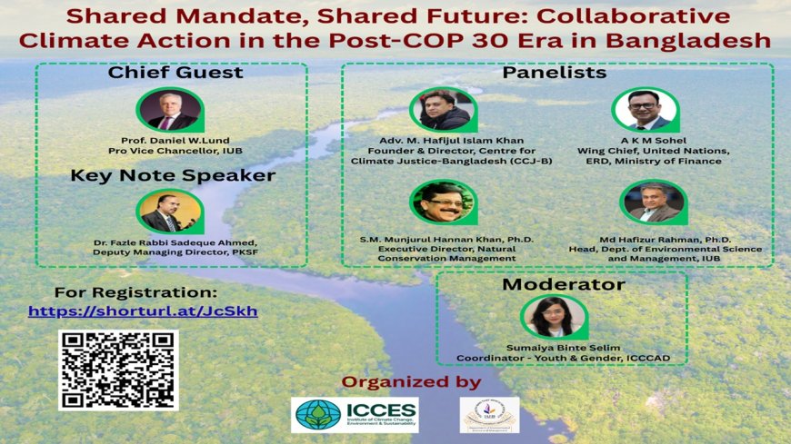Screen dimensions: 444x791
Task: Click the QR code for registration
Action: (x=118, y=370)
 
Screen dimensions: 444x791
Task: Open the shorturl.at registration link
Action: (x=143, y=311)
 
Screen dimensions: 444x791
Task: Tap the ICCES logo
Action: (x=355, y=414)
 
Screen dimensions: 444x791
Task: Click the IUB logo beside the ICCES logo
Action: (x=489, y=414)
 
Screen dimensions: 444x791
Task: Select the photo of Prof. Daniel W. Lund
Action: (x=170, y=109)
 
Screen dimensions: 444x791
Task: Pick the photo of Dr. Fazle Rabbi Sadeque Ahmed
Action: (x=170, y=211)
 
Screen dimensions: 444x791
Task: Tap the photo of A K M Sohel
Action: (x=646, y=110)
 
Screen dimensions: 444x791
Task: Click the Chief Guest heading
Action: (x=175, y=72)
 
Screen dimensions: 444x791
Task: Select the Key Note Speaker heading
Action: (x=173, y=175)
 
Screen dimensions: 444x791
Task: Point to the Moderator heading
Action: (x=564, y=284)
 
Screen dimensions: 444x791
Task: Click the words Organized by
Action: (x=411, y=381)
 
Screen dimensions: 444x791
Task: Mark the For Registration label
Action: (x=136, y=292)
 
